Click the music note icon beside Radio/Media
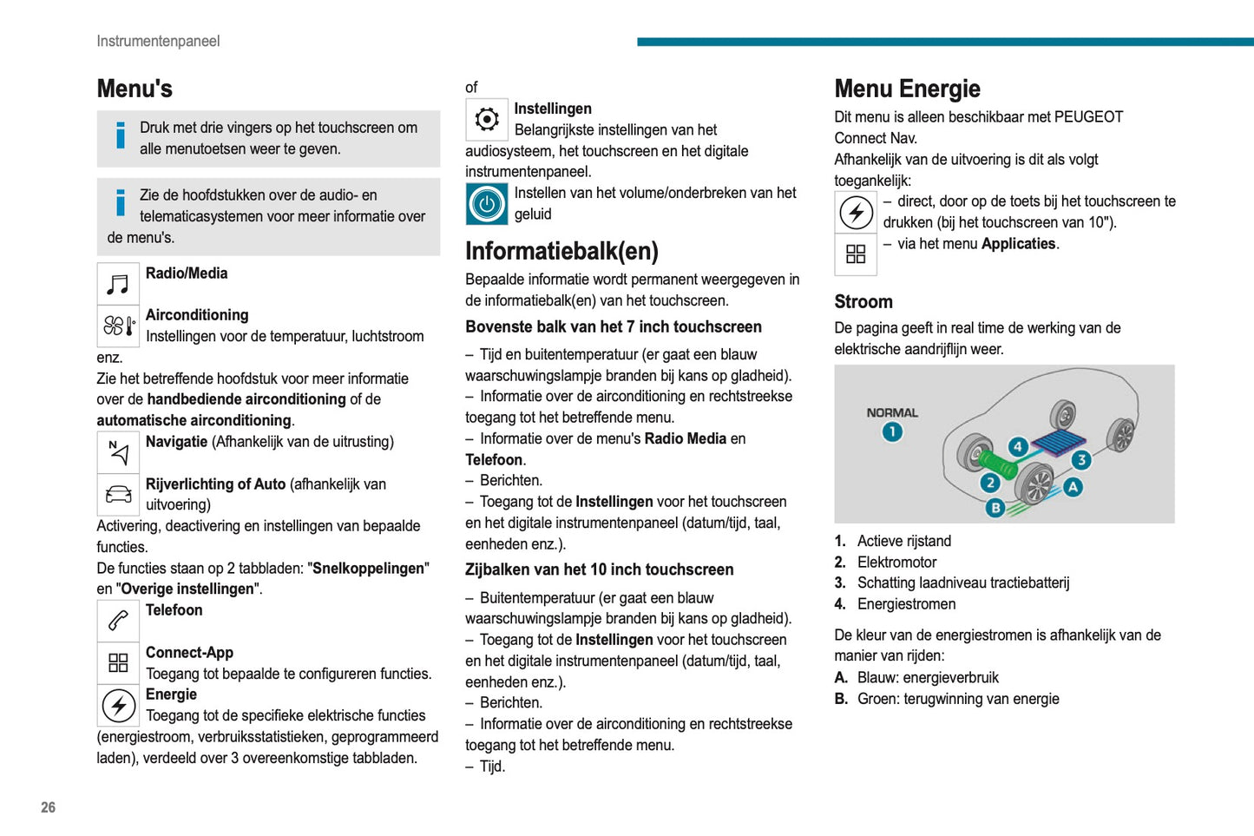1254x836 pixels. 118,284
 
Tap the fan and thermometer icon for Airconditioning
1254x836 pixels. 119,326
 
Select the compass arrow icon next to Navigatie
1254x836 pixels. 119,451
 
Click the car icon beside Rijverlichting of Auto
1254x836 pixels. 119,495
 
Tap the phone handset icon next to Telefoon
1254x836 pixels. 119,621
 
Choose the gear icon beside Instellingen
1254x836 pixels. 487,119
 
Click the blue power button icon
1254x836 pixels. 487,204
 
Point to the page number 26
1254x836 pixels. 48,807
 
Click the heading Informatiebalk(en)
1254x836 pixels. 561,251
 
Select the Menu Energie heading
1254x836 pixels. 907,89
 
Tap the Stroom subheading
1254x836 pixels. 863,302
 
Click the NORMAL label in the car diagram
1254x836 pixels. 892,412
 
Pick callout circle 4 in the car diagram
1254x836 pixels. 1018,447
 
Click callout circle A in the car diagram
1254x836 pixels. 1073,487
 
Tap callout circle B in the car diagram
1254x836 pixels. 995,508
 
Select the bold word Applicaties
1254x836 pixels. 1018,244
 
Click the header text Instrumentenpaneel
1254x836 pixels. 158,41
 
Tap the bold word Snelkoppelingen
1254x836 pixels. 369,569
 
